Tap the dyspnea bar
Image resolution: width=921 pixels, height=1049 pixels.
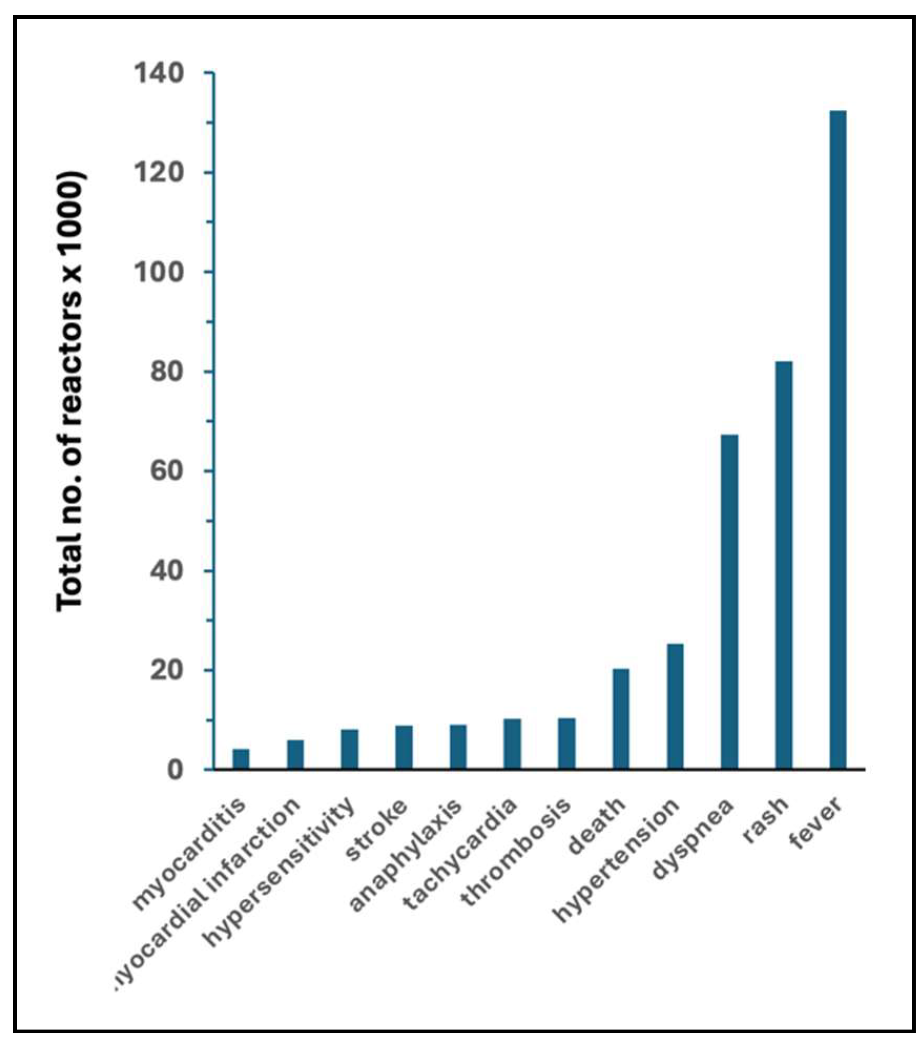729,601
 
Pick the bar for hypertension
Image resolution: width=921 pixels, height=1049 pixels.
675,706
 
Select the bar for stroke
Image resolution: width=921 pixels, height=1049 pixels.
404,747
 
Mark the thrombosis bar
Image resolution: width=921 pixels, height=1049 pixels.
567,743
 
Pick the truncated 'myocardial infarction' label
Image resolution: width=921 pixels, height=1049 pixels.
208,894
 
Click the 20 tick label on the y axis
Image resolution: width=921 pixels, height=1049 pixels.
167,671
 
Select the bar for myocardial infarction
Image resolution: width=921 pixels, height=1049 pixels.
295,754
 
